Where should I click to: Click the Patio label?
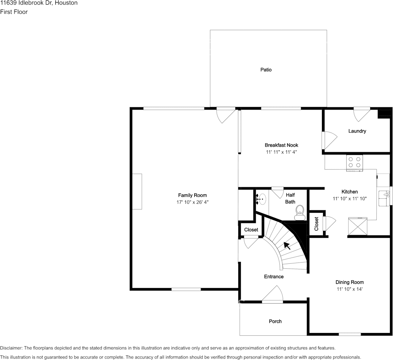point(266,70)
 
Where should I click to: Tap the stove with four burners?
point(354,163)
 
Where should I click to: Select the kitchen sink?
point(383,196)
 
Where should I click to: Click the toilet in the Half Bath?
point(300,212)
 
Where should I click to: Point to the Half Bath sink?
point(261,198)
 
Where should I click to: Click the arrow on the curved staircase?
point(287,246)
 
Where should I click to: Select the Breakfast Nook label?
point(281,145)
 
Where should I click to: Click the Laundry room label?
point(357,131)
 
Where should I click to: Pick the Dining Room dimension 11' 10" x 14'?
point(349,289)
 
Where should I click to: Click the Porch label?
point(275,321)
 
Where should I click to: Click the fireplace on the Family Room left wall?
point(137,191)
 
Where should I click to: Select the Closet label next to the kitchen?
point(316,224)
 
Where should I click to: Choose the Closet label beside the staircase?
point(251,230)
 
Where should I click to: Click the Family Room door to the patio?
point(225,115)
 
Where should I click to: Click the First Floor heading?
point(14,12)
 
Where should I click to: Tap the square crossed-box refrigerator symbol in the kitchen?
point(358,226)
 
